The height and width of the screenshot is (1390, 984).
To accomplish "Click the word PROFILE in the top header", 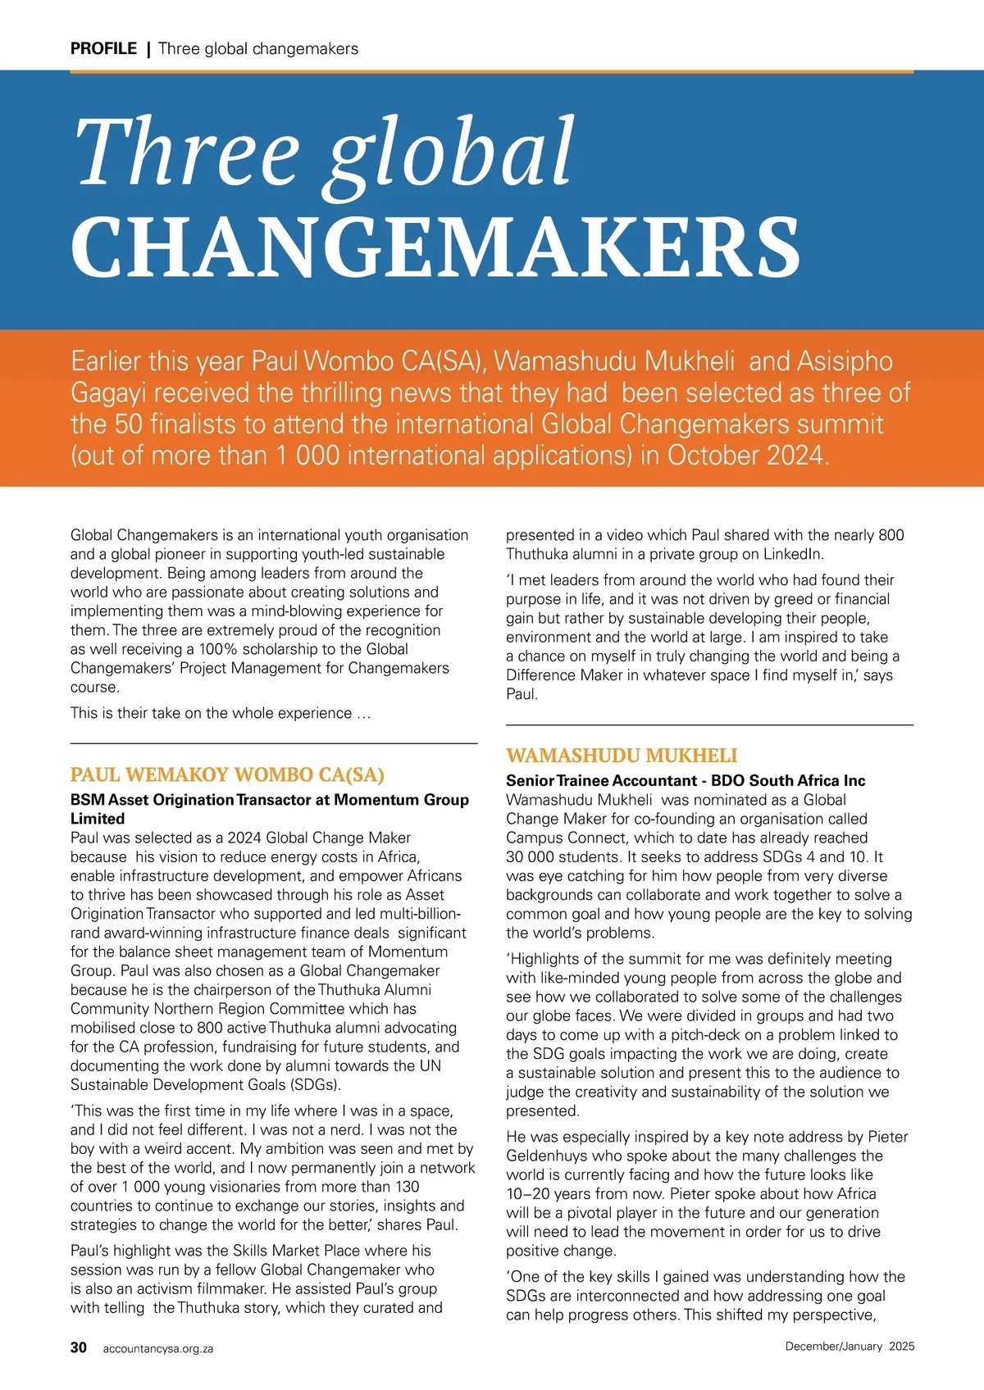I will [103, 48].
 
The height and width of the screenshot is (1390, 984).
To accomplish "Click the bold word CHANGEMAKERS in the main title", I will [435, 248].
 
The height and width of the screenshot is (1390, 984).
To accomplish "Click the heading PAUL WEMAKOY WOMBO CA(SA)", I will [227, 774].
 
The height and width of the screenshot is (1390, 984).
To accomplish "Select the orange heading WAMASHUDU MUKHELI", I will [622, 755].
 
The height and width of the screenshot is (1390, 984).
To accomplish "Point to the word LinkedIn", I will [793, 554].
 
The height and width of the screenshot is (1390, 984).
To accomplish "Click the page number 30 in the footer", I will [79, 1347].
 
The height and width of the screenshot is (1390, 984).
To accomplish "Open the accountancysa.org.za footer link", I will [157, 1348].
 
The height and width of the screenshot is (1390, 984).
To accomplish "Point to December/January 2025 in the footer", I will [850, 1347].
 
